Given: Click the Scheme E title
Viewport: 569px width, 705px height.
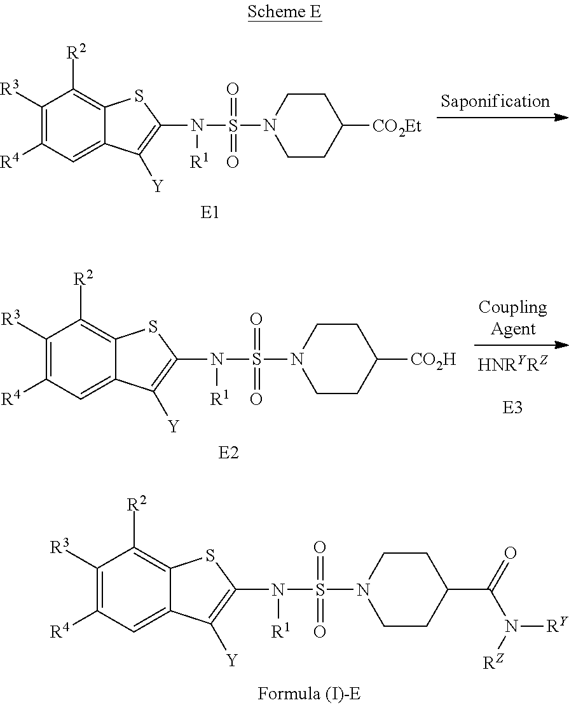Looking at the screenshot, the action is (x=284, y=11).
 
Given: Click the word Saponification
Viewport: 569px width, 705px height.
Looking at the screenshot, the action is (x=495, y=100).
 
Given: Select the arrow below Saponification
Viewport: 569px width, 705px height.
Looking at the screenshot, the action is (x=502, y=118).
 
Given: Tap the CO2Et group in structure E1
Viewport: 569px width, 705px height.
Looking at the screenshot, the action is (x=397, y=127).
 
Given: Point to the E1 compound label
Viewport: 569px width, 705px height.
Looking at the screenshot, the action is (x=209, y=212).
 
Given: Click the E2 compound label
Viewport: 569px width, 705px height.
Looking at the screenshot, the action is (x=228, y=453).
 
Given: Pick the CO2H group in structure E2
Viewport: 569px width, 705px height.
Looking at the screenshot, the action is (x=433, y=360).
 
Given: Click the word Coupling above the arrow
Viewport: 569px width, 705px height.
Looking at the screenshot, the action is (x=513, y=308).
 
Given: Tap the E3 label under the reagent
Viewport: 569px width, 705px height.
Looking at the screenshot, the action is (x=512, y=407).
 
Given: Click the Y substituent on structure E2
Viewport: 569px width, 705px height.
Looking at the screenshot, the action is (x=174, y=425).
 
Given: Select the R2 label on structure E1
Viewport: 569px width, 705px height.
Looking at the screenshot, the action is (x=76, y=53).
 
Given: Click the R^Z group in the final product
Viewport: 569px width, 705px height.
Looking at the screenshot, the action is (x=494, y=662).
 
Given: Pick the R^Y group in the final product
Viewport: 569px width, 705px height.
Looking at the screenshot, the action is (x=558, y=626).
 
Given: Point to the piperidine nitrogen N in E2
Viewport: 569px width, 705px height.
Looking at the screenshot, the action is (x=296, y=359).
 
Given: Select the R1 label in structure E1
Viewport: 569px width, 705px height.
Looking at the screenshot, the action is (x=199, y=162).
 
